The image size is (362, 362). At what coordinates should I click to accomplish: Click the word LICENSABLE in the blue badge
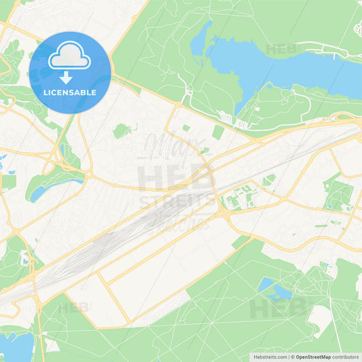(x=70, y=92)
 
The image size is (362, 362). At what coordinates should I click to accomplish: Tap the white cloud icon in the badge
(x=70, y=56)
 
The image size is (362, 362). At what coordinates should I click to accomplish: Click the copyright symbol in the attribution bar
(x=293, y=357)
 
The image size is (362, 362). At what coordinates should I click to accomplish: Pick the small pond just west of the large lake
(x=200, y=41)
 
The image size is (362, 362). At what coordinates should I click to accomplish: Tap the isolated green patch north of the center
(x=122, y=130)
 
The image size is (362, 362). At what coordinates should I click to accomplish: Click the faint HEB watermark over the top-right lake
(x=282, y=50)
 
